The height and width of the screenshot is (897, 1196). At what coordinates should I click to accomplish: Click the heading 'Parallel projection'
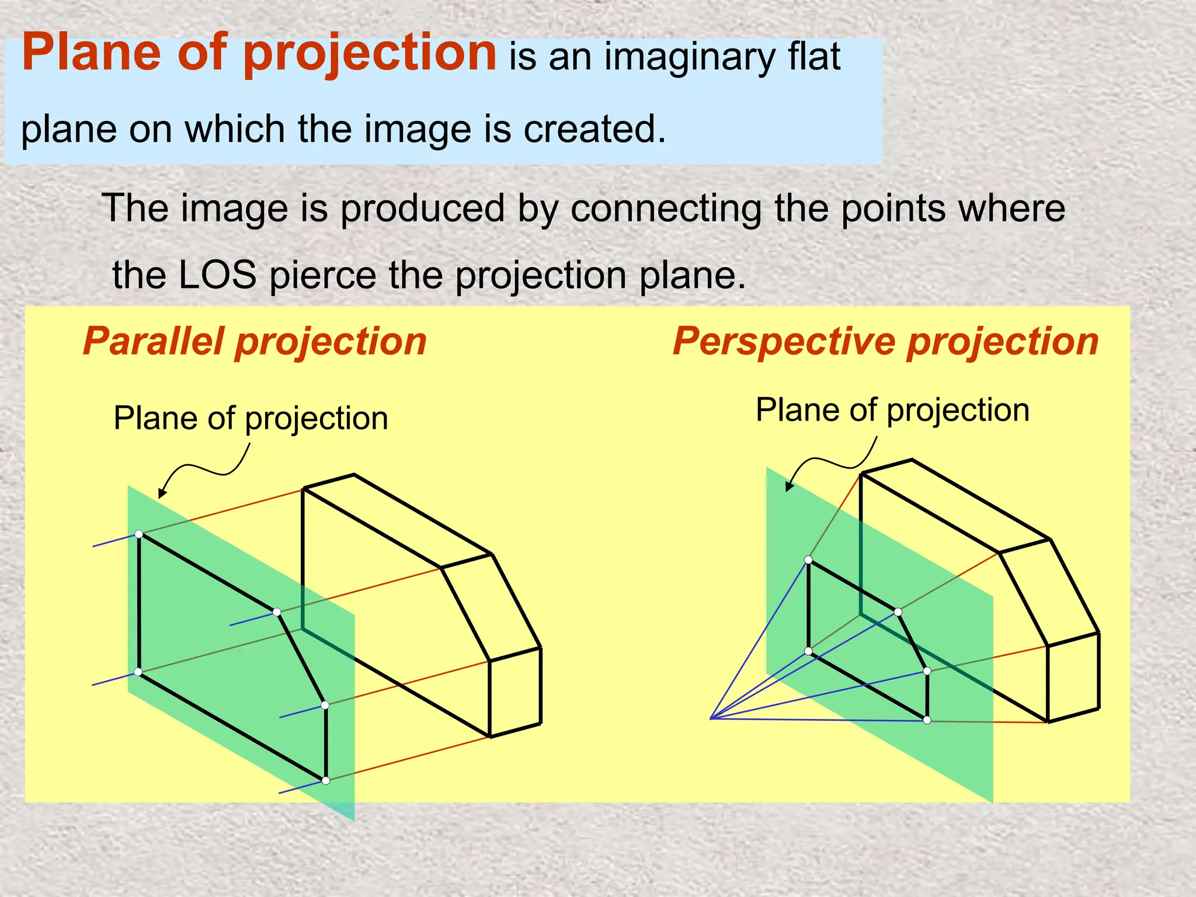click(255, 341)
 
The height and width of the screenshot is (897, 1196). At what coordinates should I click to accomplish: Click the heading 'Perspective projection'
click(885, 341)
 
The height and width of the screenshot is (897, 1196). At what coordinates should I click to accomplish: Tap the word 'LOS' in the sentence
click(217, 275)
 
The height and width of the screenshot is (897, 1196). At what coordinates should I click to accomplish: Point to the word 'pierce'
click(323, 275)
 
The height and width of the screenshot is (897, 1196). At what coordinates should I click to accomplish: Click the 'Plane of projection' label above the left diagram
click(251, 419)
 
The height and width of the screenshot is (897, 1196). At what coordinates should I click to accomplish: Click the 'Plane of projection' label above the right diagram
click(892, 410)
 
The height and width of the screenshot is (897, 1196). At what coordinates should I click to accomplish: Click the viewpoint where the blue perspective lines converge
click(711, 718)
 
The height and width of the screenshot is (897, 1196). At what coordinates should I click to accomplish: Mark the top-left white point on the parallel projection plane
click(139, 534)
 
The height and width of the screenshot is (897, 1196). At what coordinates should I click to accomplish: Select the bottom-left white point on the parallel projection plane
click(138, 672)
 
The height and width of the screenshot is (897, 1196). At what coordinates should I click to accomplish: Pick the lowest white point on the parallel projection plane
click(326, 781)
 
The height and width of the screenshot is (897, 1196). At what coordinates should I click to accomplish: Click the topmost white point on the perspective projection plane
click(808, 560)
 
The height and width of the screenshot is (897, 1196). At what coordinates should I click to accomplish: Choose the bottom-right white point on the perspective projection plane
click(927, 720)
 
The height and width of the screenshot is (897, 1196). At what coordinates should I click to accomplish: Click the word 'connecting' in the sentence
click(666, 208)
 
